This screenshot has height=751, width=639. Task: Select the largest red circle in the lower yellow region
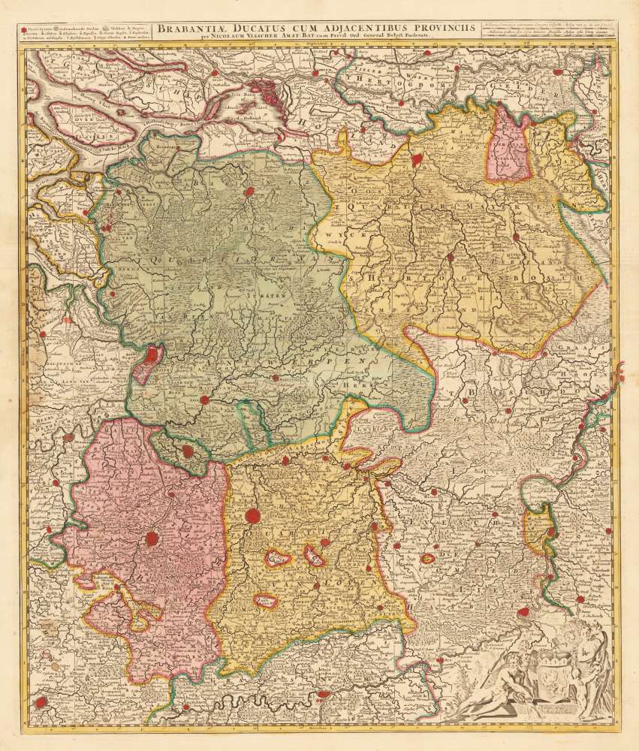tap(254, 515)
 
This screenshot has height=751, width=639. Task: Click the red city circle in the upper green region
tap(247, 192)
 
